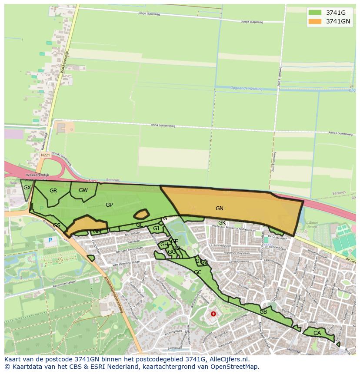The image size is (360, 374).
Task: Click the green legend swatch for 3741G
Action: (315, 13)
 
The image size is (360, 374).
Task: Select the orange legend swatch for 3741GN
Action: (315, 21)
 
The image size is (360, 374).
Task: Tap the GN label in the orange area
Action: (220, 209)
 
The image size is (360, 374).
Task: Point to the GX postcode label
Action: (27, 188)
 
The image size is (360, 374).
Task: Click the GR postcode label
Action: (53, 191)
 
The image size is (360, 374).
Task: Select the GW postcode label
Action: (83, 190)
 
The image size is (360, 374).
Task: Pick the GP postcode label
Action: (109, 205)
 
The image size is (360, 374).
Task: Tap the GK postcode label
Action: (222, 223)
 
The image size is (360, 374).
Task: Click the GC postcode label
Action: (198, 272)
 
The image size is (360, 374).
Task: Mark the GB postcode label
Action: (263, 312)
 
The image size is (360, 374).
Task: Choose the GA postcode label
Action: (317, 333)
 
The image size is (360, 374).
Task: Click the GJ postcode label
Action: (156, 228)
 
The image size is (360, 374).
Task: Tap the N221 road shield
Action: (45, 155)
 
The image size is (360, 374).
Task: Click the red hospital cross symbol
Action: (213, 314)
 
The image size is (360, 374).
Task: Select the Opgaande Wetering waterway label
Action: (247, 89)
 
